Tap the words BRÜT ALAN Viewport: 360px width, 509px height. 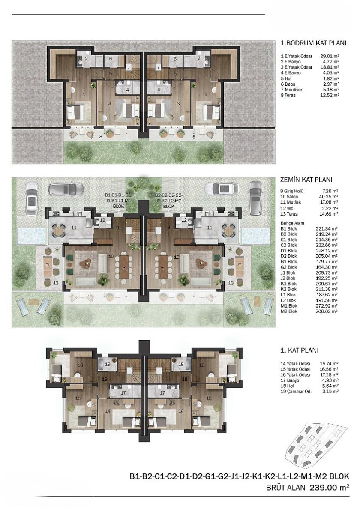click(x=285, y=488)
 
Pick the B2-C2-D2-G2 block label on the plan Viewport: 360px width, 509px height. click(x=169, y=200)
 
